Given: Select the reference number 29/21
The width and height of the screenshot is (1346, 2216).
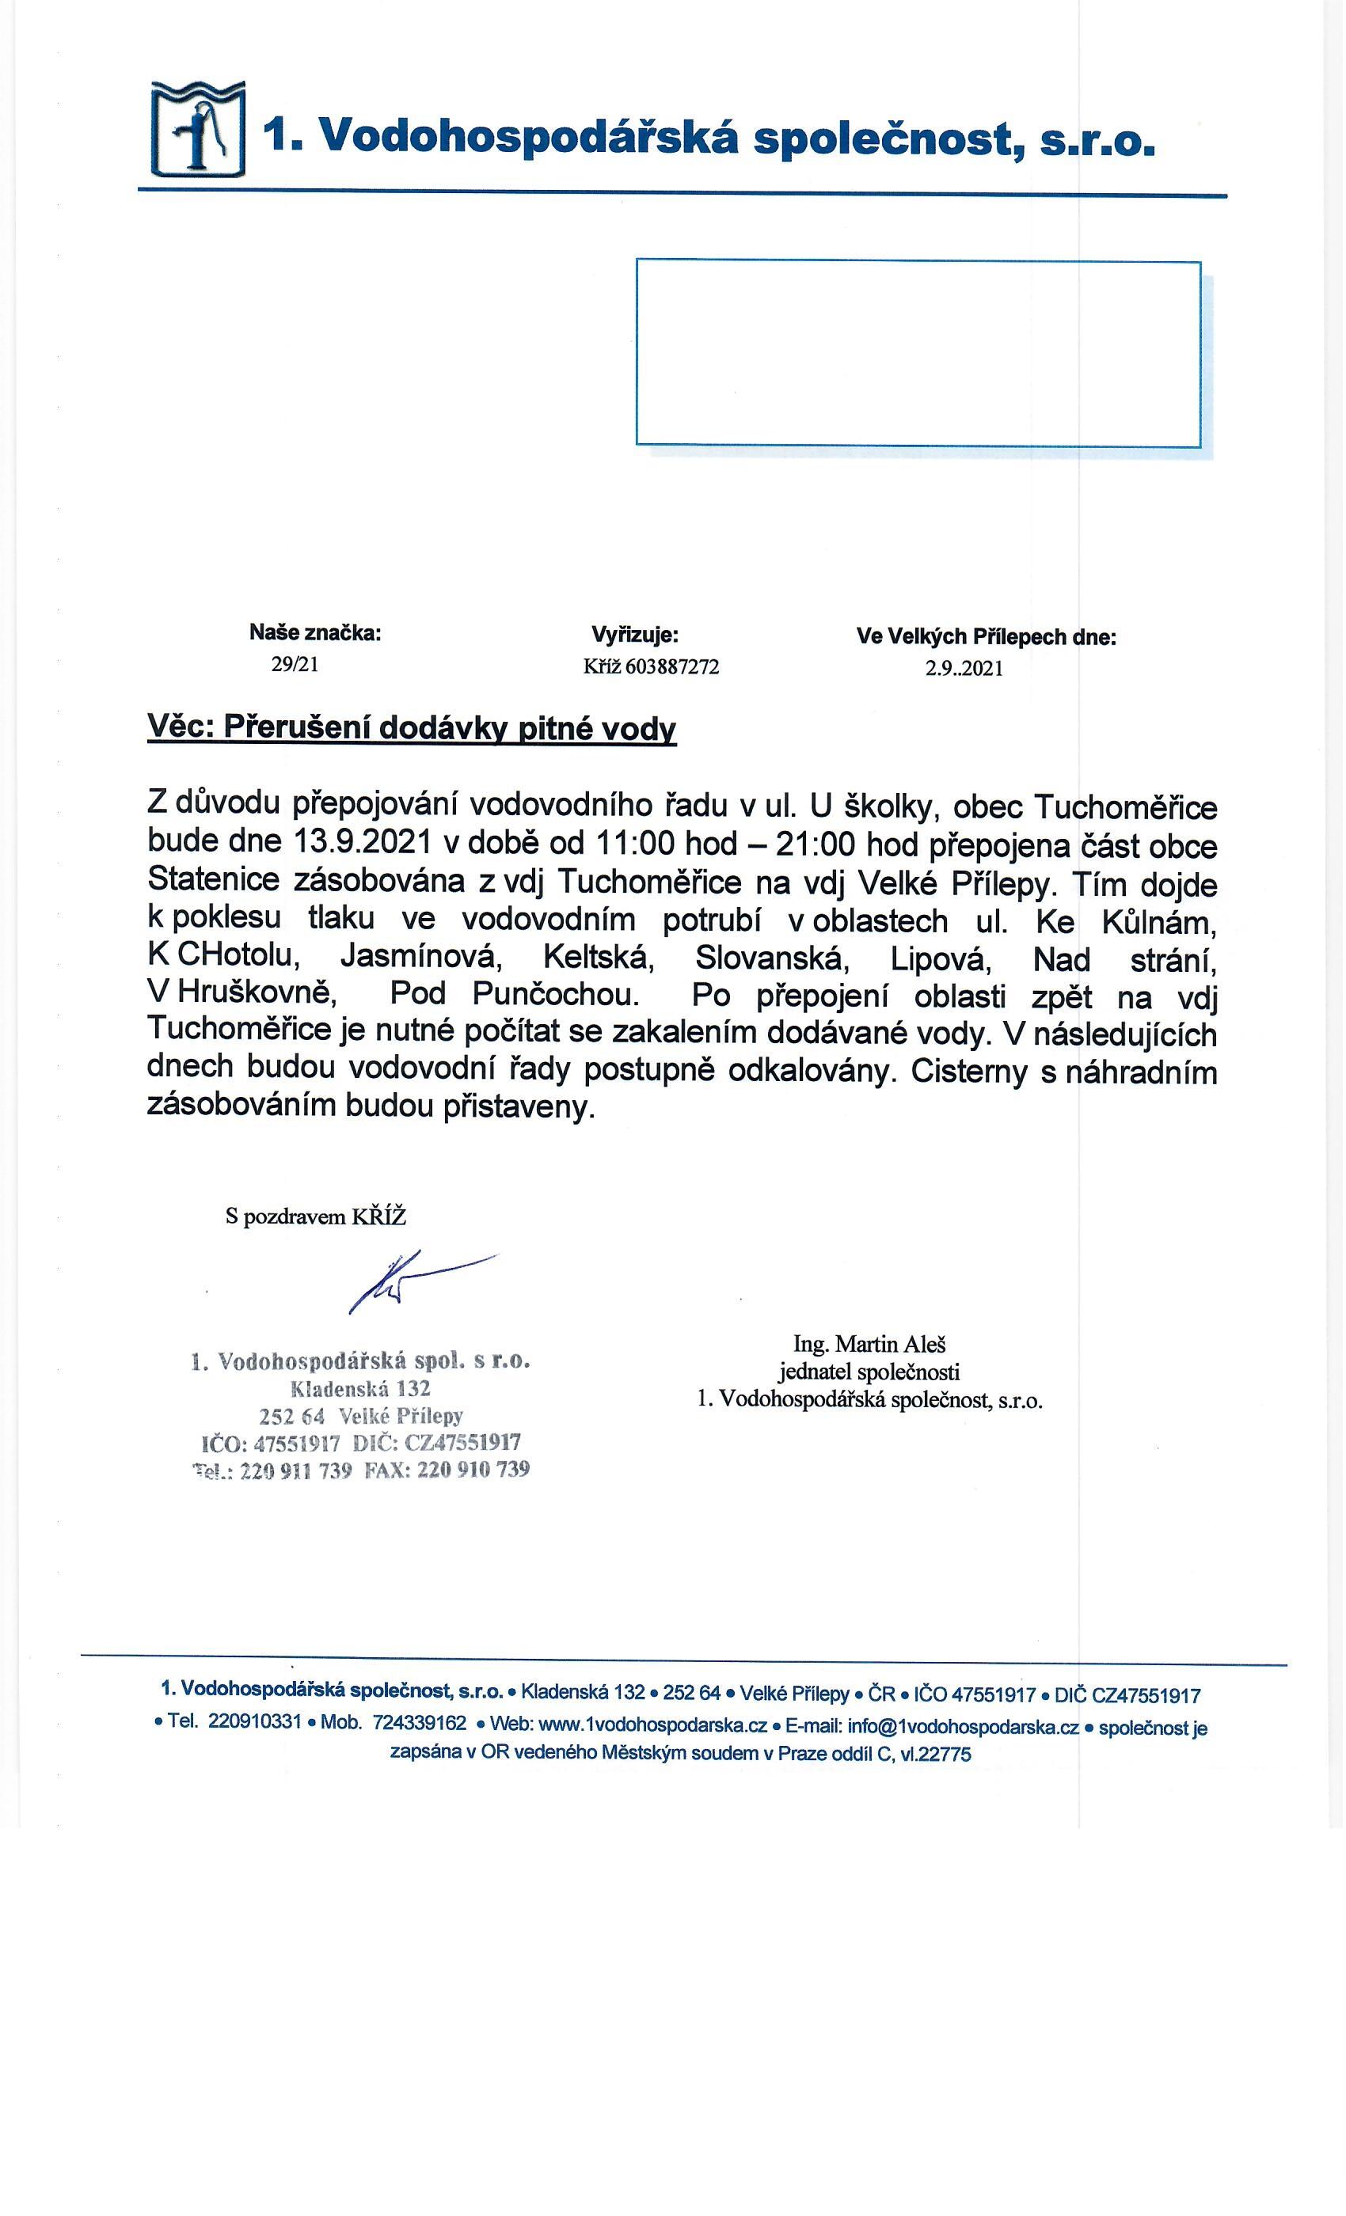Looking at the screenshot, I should (295, 665).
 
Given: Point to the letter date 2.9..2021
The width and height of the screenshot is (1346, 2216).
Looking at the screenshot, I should (964, 668).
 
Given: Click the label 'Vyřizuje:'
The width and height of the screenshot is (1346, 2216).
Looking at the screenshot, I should (634, 635).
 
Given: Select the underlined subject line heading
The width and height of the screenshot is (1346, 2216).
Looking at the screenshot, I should (411, 727).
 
